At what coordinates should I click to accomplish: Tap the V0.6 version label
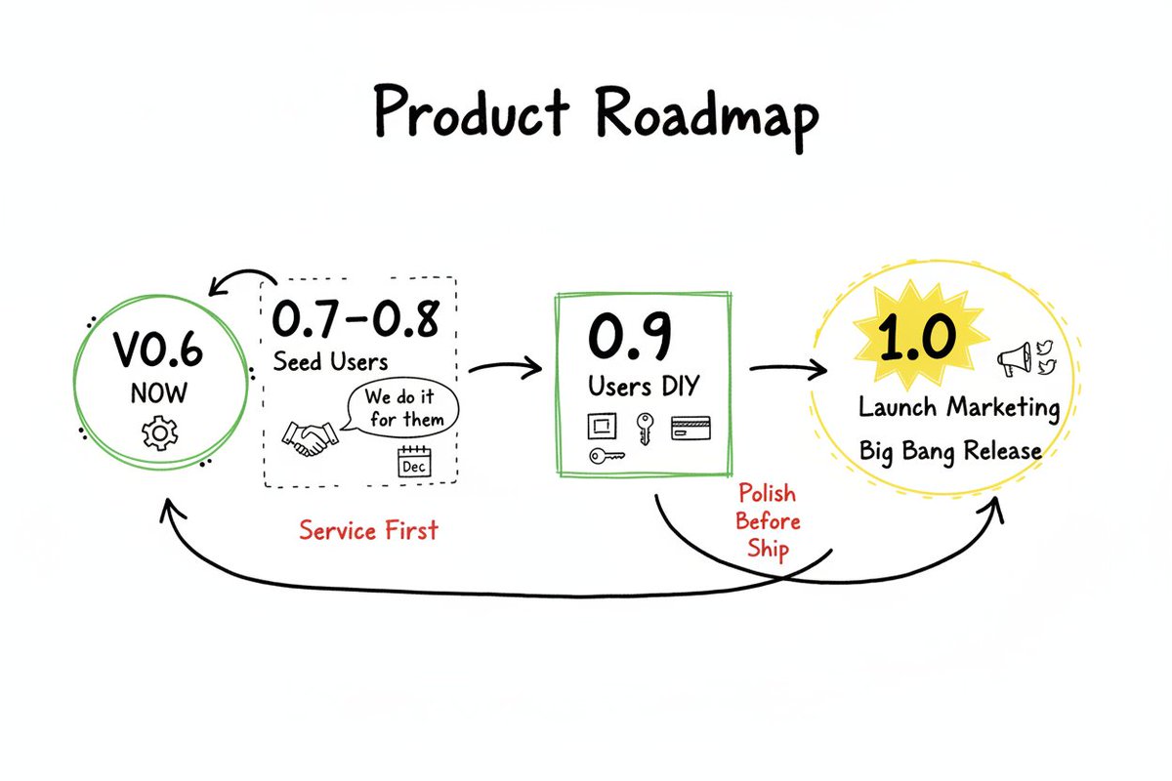(158, 350)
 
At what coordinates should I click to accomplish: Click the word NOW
(158, 394)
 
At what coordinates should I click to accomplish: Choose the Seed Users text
(330, 360)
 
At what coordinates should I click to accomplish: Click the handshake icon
(309, 437)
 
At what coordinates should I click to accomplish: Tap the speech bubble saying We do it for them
(402, 410)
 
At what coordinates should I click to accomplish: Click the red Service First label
(368, 530)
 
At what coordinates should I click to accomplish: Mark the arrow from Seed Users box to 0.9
(504, 368)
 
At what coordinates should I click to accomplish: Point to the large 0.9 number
(630, 337)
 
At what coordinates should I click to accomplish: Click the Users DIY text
(643, 386)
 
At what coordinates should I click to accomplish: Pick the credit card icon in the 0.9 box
(691, 427)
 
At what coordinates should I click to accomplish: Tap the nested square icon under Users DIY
(601, 427)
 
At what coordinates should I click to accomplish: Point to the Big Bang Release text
(949, 451)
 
